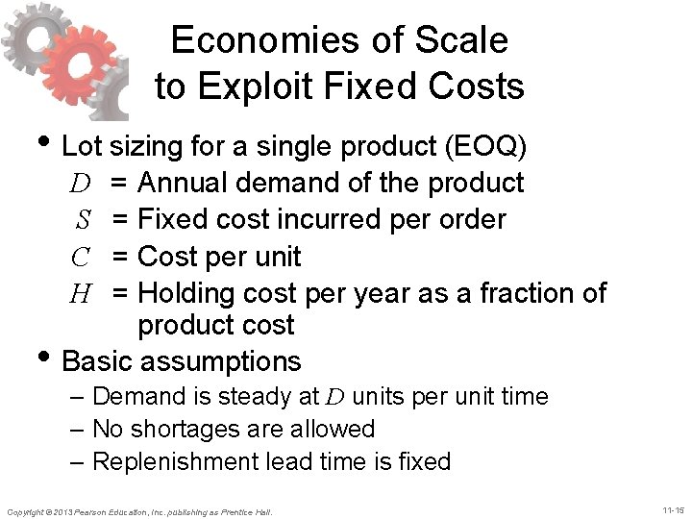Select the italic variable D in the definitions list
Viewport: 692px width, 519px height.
(80, 182)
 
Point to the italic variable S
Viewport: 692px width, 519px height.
(84, 219)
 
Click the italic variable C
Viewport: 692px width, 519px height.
(81, 257)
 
